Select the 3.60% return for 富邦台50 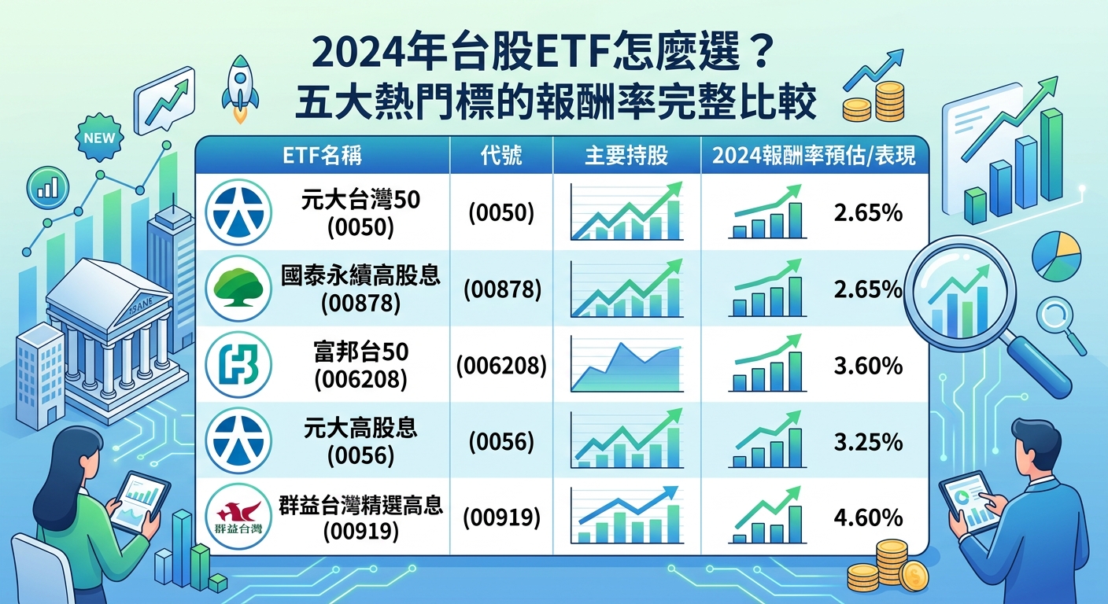coord(868,366)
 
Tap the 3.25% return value coord(868,442)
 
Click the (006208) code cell coord(501,366)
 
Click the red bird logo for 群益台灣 coord(238,517)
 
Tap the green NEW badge coord(98,138)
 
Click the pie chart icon coord(1055,255)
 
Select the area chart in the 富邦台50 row coord(626,366)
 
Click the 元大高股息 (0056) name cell coord(360,441)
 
